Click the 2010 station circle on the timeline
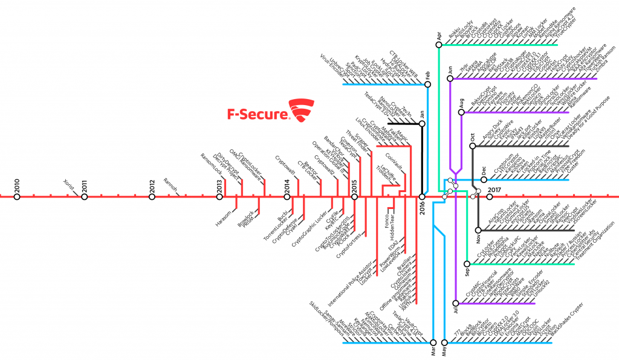pos(17,196)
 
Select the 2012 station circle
pos(152,196)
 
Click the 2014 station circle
pos(287,196)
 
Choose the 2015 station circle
pos(355,196)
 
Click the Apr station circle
pos(438,44)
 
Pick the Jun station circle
pos(450,79)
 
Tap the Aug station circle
pos(461,112)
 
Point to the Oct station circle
pos(472,146)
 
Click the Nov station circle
pos(478,230)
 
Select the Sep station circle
pos(467,263)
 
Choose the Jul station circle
pos(456,302)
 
